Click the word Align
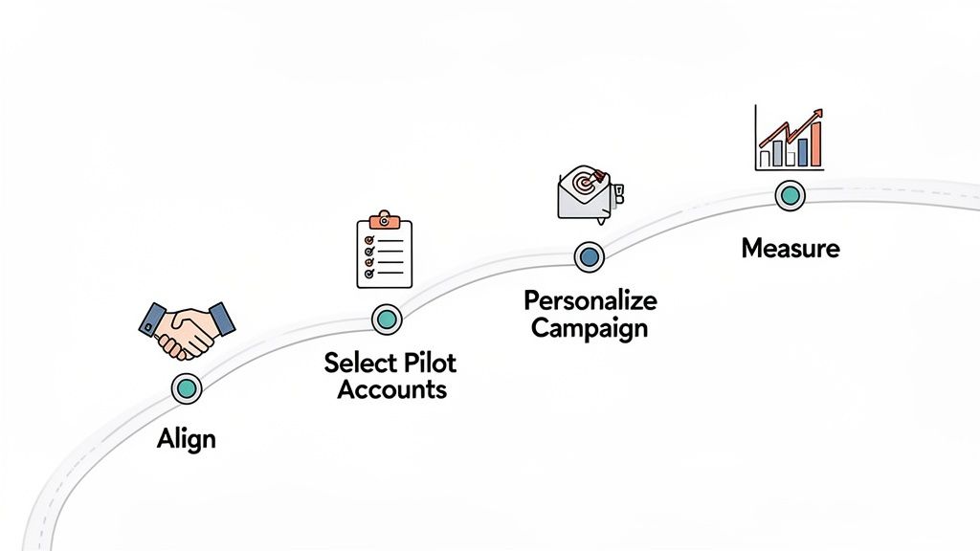187,440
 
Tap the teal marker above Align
187,387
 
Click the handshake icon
187,329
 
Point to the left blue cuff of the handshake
151,318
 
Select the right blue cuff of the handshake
222,319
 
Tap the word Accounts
391,389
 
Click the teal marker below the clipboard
386,319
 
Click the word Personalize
590,301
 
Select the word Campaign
590,328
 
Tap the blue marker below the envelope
590,256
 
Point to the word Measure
791,249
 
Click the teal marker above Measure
790,196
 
